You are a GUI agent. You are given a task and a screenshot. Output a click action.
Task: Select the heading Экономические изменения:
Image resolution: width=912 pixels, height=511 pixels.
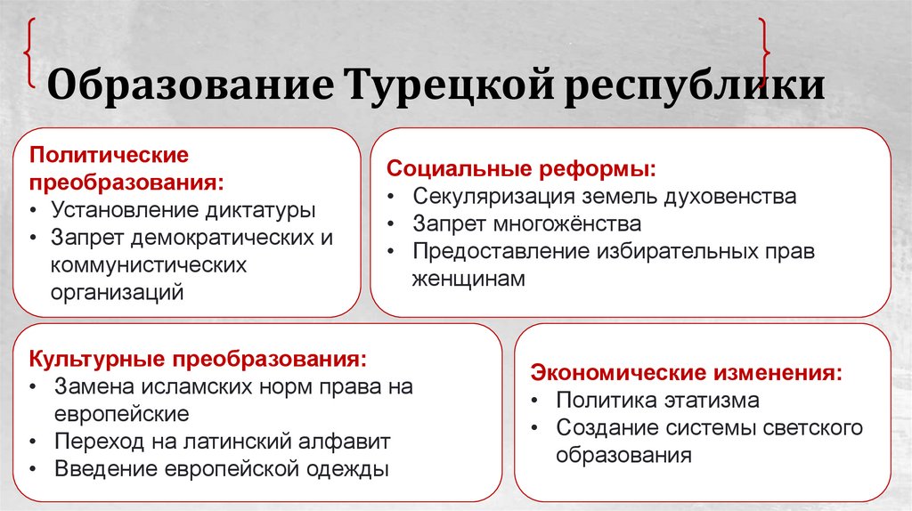(686, 371)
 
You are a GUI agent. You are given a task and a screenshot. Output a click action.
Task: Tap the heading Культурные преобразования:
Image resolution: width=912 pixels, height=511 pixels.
(198, 359)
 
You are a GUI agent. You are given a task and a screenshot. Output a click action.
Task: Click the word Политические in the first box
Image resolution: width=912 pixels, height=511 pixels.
(110, 154)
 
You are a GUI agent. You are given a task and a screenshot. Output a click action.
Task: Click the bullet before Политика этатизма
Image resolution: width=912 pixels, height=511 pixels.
(534, 401)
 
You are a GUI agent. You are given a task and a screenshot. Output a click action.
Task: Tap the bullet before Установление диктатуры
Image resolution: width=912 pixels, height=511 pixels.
(33, 212)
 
